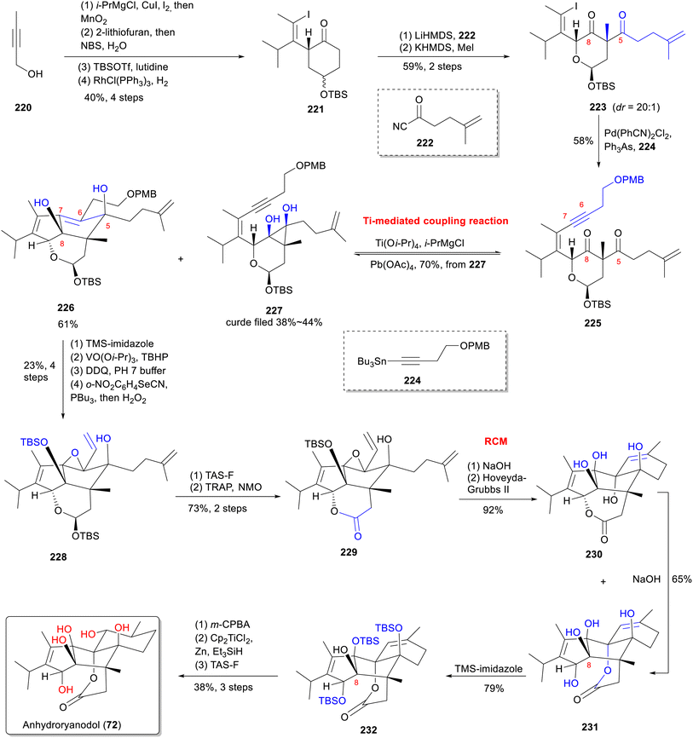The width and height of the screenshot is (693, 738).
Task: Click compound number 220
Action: click(x=23, y=107)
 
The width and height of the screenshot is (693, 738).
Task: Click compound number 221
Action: click(x=315, y=109)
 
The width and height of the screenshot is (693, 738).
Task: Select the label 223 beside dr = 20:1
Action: click(x=598, y=107)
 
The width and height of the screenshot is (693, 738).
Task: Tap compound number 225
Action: click(x=592, y=323)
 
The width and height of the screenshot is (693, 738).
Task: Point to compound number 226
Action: click(x=66, y=308)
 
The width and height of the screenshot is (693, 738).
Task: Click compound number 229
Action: click(x=349, y=552)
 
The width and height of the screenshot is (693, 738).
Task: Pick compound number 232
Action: click(x=368, y=729)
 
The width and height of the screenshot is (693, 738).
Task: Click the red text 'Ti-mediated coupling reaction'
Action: click(x=436, y=221)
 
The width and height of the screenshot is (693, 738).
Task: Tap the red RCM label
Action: click(x=496, y=441)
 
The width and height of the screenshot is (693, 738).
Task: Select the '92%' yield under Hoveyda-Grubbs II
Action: click(x=493, y=510)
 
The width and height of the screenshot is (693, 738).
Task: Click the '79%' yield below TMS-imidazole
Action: click(x=494, y=688)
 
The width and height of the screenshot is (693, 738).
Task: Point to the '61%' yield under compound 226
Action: click(x=68, y=324)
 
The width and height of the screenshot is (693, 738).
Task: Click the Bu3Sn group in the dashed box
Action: click(x=372, y=361)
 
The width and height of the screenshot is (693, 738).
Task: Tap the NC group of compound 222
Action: click(x=400, y=126)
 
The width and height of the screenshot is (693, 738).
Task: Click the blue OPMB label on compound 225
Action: click(x=629, y=180)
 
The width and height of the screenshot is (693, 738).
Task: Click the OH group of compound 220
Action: click(x=35, y=73)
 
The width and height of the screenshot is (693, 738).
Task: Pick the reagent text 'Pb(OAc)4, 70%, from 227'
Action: click(x=427, y=264)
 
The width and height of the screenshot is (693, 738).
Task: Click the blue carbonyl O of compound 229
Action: click(x=358, y=536)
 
